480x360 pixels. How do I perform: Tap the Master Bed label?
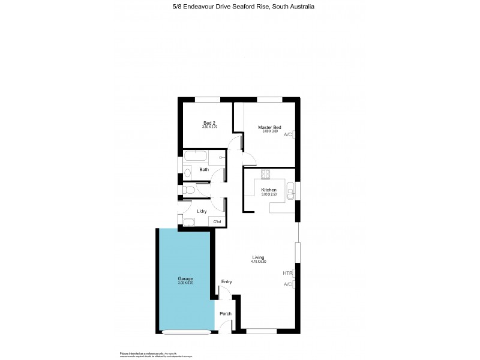(269, 127)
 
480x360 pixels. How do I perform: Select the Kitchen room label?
(268, 190)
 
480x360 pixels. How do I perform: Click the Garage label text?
(185, 279)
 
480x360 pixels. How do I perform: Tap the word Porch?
(225, 314)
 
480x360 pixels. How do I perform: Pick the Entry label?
(227, 281)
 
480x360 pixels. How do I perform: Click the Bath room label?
(204, 170)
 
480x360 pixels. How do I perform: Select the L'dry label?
(202, 211)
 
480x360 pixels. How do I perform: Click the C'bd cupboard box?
(217, 222)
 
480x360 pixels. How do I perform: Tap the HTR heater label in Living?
(287, 273)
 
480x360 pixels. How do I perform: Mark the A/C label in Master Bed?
(288, 134)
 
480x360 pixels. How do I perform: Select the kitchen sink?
(290, 193)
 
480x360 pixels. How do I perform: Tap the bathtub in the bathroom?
(195, 157)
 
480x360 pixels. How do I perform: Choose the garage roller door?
(186, 331)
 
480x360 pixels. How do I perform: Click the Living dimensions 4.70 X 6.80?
(258, 262)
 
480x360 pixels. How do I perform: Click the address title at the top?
(239, 7)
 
